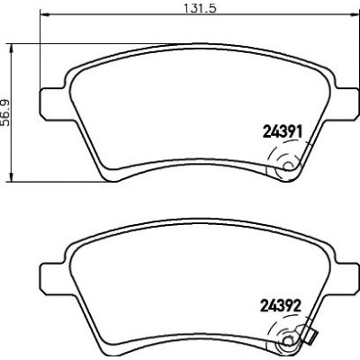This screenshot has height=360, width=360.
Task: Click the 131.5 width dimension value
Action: pos(200,8)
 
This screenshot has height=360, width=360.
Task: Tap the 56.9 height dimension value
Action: pos(6,112)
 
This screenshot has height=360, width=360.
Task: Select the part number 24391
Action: pos(282,131)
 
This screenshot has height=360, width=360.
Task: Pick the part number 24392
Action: pos(281,306)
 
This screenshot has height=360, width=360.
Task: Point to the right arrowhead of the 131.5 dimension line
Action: pos(354,14)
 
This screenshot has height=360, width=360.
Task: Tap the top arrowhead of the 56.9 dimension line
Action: pos(12,49)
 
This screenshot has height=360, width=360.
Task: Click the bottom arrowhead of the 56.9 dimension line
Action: pos(12,176)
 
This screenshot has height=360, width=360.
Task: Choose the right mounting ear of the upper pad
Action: pos(345,103)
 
